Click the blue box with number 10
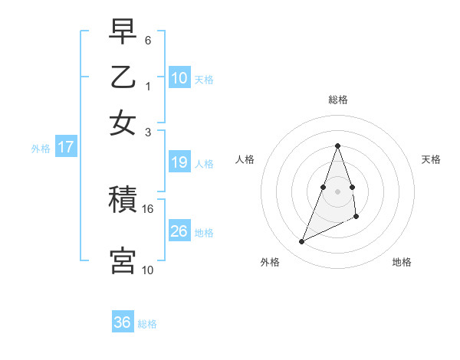pos(179,77)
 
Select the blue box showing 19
pos(179,162)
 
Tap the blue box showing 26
pos(179,231)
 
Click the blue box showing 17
pos(65,147)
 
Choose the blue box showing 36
pos(123,322)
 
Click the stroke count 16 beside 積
pos(148,208)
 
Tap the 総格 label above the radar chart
pos(337,100)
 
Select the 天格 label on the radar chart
pos(431,159)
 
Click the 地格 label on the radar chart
pos(402,263)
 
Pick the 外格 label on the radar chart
pos(270,263)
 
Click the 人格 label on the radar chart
pos(245,159)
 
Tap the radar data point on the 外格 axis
pos(301,242)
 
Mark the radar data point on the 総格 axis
pos(337,146)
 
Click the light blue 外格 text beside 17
pos(41,149)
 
